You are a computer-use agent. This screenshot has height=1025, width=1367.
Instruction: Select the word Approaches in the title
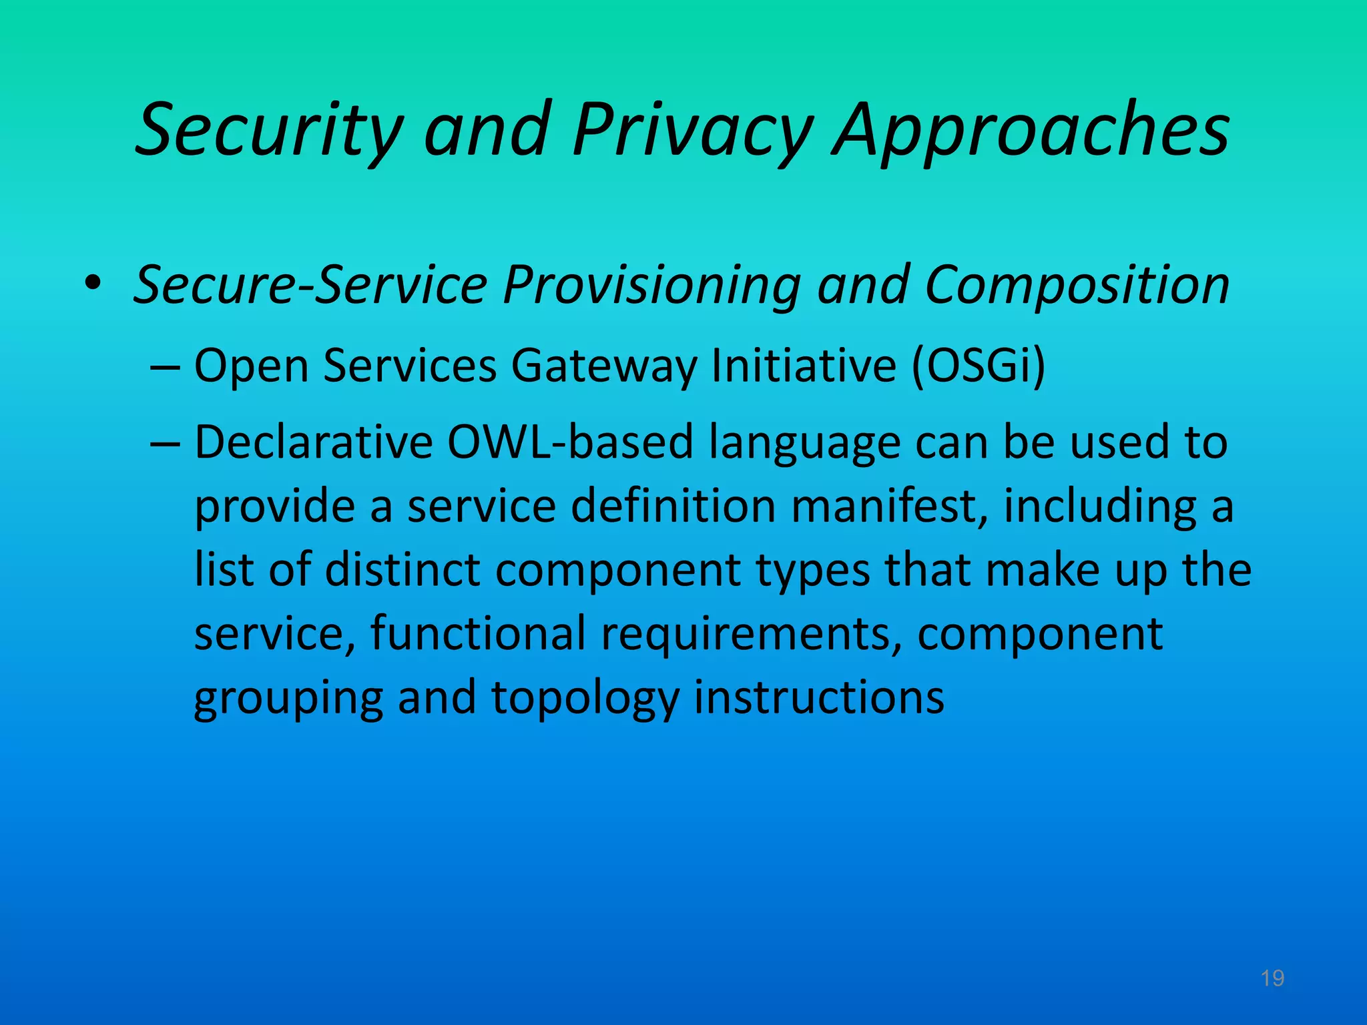[x=1031, y=130]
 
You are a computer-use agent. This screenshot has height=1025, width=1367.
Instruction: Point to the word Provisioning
[x=651, y=286]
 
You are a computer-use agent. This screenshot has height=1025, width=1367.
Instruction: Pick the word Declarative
[x=313, y=442]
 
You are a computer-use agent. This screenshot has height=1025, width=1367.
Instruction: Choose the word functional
[x=478, y=633]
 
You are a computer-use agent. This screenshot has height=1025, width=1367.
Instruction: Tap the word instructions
[x=819, y=697]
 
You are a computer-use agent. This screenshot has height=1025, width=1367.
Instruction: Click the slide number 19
[x=1272, y=978]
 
